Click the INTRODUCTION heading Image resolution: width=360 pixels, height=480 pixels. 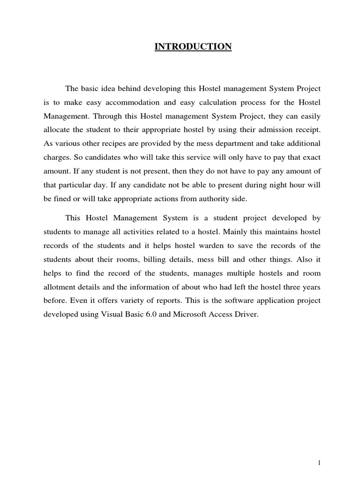pyautogui.click(x=194, y=46)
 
